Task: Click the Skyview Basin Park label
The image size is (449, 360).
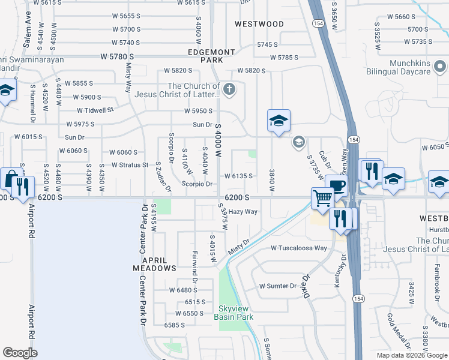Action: (234, 313)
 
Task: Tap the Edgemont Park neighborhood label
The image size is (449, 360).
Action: (206, 56)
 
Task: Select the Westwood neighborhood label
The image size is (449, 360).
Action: (259, 24)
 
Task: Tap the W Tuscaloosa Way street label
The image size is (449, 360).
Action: (298, 248)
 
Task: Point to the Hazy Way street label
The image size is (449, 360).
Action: (243, 212)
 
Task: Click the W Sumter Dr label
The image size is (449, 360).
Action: (277, 286)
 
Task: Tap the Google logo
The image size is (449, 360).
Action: (20, 353)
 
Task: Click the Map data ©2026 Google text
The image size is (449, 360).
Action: (411, 355)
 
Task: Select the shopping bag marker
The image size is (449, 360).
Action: (10, 178)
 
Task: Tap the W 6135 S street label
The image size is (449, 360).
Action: (238, 176)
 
